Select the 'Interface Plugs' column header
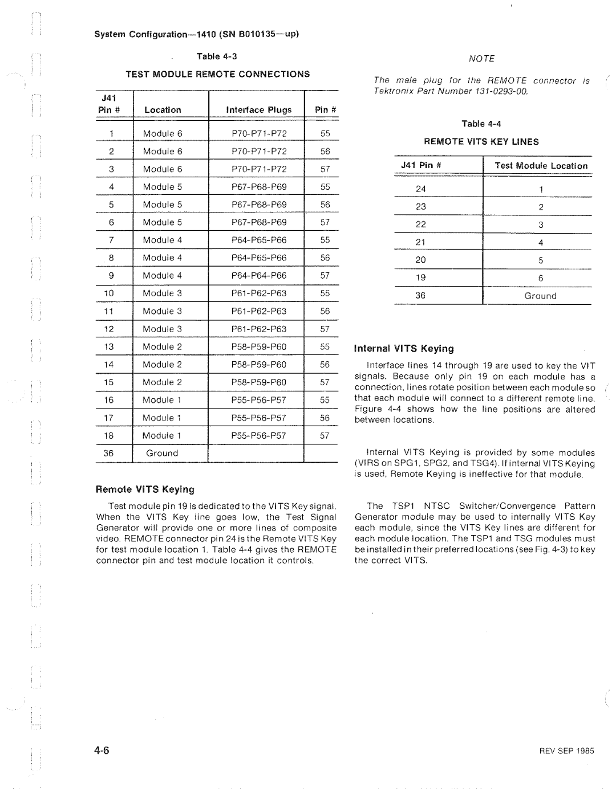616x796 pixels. pyautogui.click(x=259, y=110)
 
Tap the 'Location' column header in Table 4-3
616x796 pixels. pyautogui.click(x=163, y=110)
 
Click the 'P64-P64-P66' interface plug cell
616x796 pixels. pyautogui.click(x=259, y=276)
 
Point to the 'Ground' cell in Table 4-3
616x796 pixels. pyautogui.click(x=162, y=454)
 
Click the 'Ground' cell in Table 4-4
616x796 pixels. pyautogui.click(x=540, y=296)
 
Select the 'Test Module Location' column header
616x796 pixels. pyautogui.click(x=541, y=166)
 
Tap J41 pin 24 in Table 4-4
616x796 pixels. pyautogui.click(x=421, y=189)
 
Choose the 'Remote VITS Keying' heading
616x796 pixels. pyautogui.click(x=145, y=489)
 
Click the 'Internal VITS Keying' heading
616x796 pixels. pyautogui.click(x=404, y=349)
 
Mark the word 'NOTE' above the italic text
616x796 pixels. pyautogui.click(x=481, y=59)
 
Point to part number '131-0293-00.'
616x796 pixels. pyautogui.click(x=500, y=92)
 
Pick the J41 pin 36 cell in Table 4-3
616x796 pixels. pyautogui.click(x=109, y=454)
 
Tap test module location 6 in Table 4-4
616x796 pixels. pyautogui.click(x=540, y=278)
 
